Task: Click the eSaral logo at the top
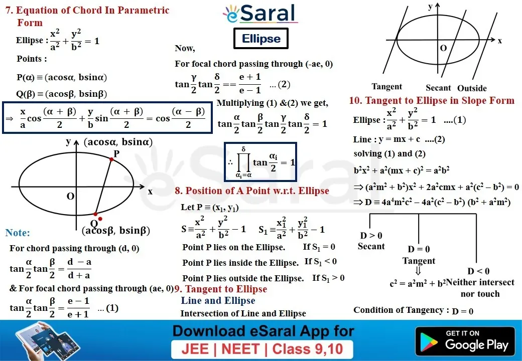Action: click(260, 14)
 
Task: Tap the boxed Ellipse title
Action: click(261, 39)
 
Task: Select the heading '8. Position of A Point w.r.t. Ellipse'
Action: click(252, 191)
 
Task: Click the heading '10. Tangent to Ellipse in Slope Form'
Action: click(432, 100)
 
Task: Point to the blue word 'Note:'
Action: click(17, 233)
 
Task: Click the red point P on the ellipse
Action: click(111, 159)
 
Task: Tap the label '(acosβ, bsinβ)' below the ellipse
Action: click(116, 230)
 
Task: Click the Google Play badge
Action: click(465, 341)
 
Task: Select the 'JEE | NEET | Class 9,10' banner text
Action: click(263, 349)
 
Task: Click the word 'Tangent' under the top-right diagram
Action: click(387, 87)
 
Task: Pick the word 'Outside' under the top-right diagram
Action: click(472, 88)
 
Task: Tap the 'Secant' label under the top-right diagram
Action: click(438, 88)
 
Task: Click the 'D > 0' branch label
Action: click(371, 236)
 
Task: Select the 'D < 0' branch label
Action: click(478, 271)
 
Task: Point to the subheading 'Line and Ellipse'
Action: click(218, 300)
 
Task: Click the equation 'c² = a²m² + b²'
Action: click(418, 284)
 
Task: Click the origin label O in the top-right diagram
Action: click(443, 48)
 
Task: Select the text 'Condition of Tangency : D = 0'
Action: click(413, 310)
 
